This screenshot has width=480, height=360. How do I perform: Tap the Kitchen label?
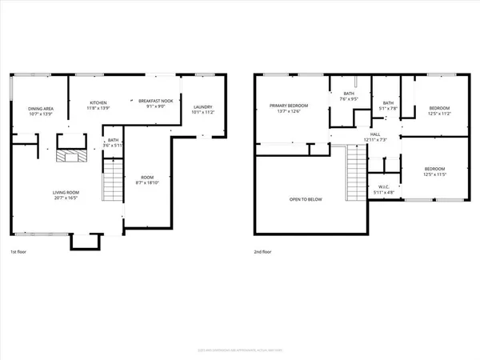(x=98, y=102)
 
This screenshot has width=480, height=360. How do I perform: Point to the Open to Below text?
(x=306, y=199)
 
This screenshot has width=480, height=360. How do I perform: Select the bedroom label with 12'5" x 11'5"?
(x=434, y=169)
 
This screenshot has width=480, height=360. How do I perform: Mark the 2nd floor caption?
(x=263, y=252)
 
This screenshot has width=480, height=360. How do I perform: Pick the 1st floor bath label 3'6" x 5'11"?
(x=113, y=140)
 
